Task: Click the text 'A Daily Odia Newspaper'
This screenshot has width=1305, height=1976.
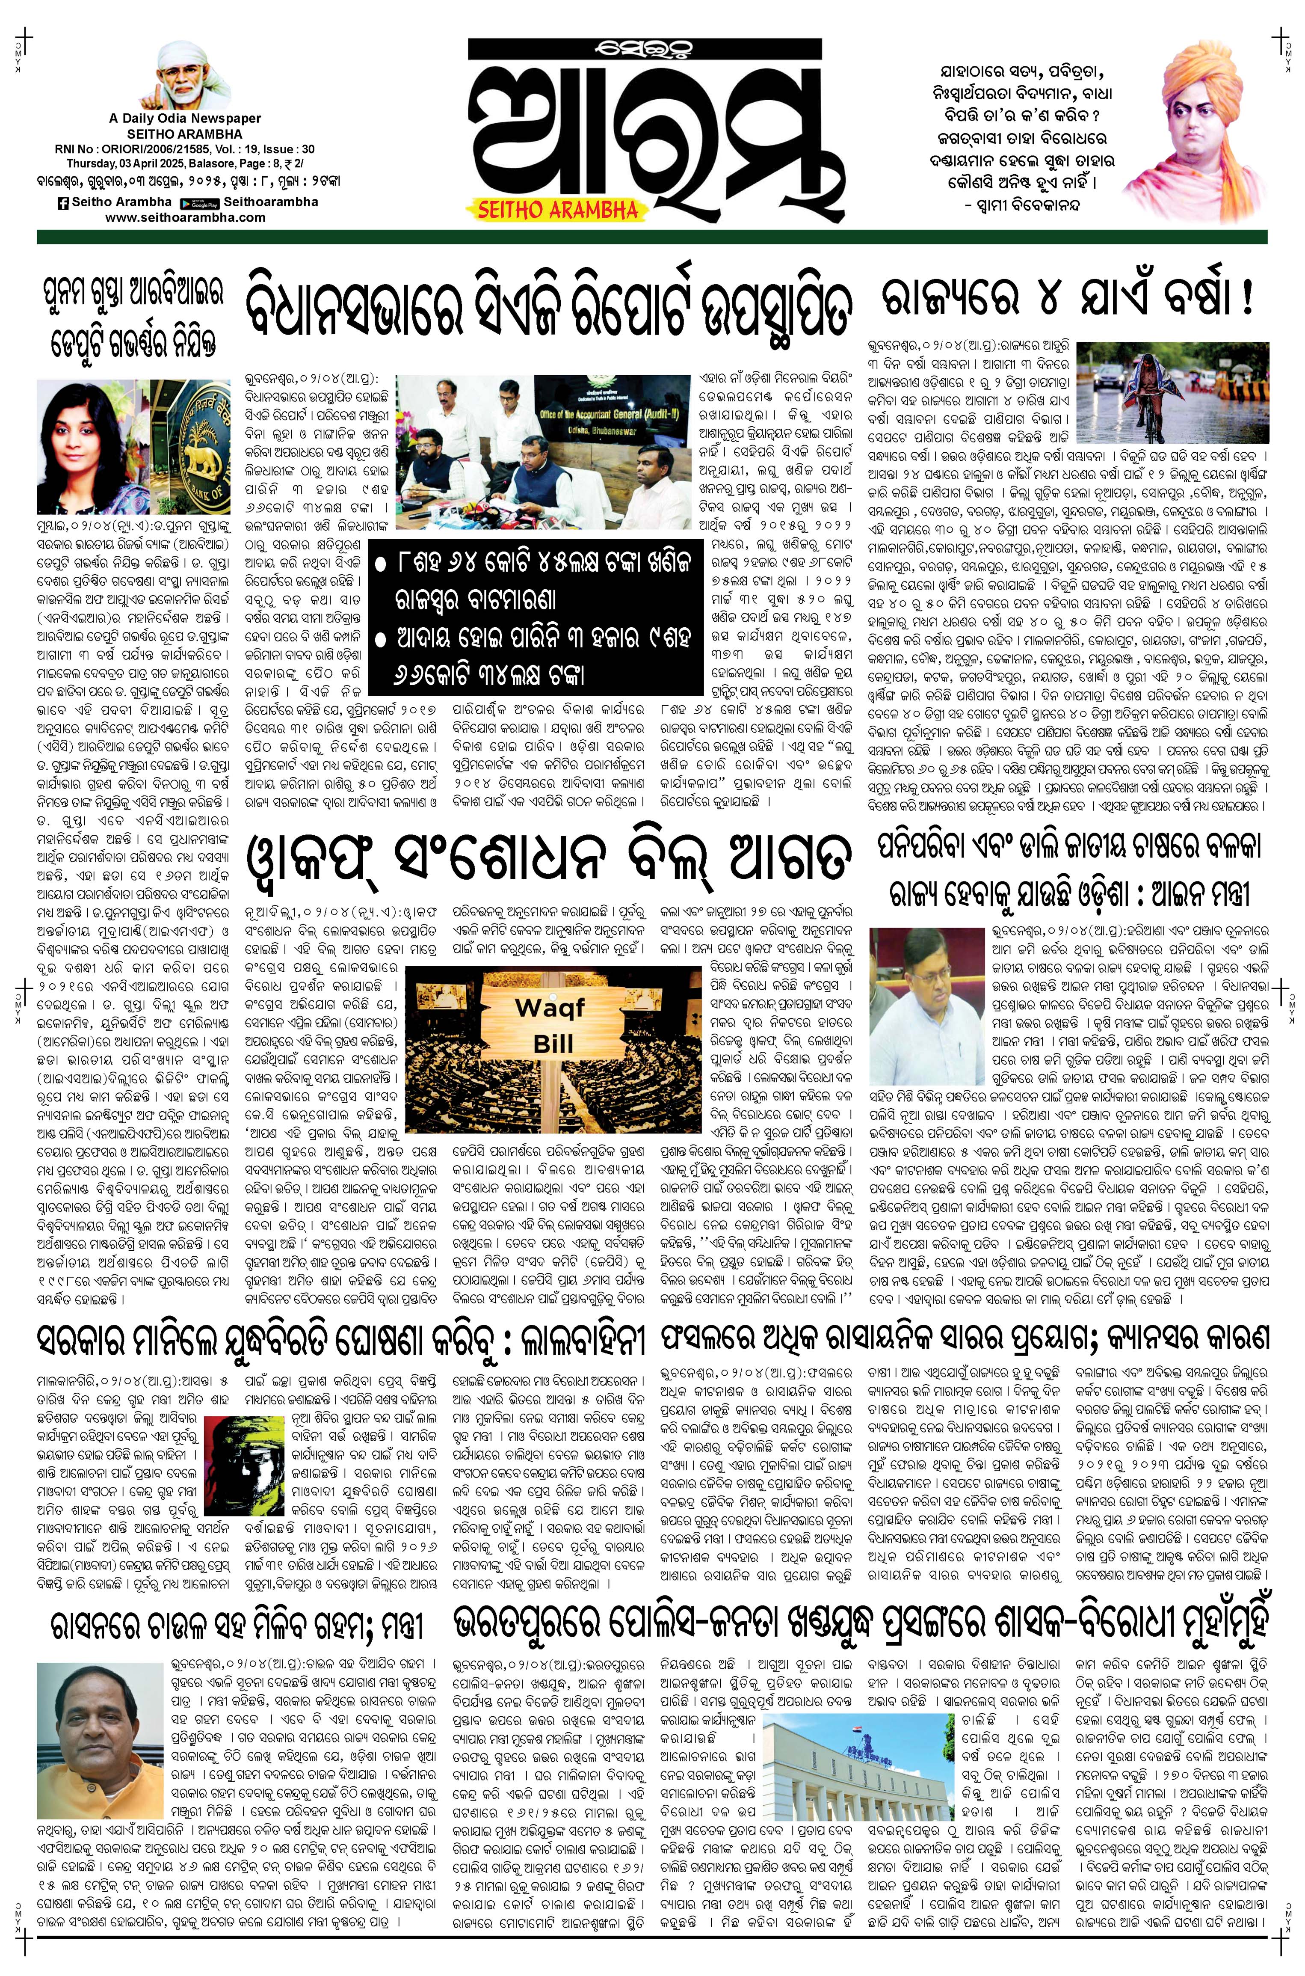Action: [x=185, y=119]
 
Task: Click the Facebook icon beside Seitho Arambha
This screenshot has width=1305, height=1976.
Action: [x=63, y=202]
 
